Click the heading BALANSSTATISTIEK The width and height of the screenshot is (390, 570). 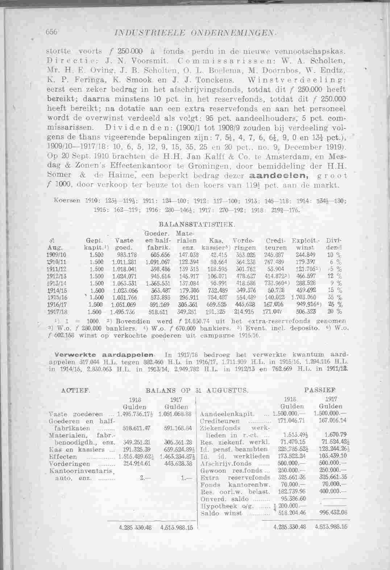(198, 225)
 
